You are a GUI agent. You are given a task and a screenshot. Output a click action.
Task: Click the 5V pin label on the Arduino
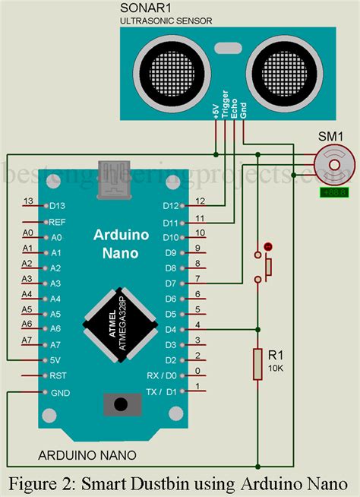tap(55, 360)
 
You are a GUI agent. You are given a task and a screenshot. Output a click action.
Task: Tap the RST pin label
tap(58, 375)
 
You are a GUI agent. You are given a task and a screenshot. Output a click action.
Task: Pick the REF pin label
tap(57, 222)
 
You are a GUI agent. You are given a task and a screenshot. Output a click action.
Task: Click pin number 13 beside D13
tap(28, 201)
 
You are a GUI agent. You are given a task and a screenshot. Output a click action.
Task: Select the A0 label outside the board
tap(27, 233)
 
